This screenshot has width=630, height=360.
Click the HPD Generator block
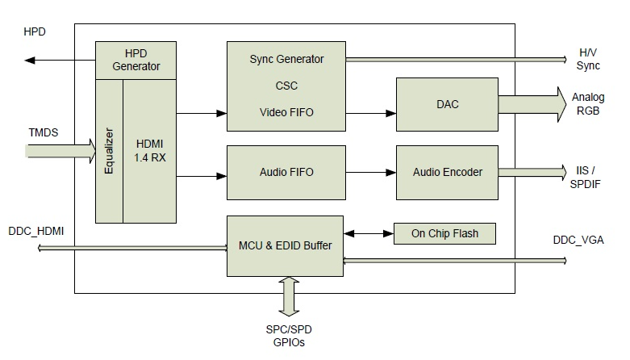(136, 61)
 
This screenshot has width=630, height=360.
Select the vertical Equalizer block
(109, 151)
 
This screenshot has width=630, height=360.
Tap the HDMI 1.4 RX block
(149, 151)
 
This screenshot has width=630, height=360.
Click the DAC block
(447, 105)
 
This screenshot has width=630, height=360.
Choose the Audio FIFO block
(286, 173)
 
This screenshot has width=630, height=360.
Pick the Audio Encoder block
(447, 173)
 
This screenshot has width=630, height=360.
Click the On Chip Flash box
(444, 234)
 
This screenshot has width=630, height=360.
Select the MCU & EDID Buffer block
(285, 245)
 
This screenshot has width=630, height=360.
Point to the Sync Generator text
(286, 59)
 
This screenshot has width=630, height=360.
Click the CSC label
(286, 86)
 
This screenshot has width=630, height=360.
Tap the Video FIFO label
(286, 112)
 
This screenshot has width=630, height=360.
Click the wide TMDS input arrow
(60, 151)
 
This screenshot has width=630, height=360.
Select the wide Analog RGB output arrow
(532, 105)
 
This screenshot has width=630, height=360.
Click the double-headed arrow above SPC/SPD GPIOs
(289, 296)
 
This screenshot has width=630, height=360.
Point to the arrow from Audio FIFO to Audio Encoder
(371, 173)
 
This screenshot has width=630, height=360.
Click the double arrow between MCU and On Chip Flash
(369, 234)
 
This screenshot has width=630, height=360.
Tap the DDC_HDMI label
(36, 232)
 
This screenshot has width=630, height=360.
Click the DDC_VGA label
(578, 240)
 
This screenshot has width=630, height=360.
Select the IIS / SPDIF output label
(586, 178)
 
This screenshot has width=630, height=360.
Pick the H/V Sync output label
(588, 59)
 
